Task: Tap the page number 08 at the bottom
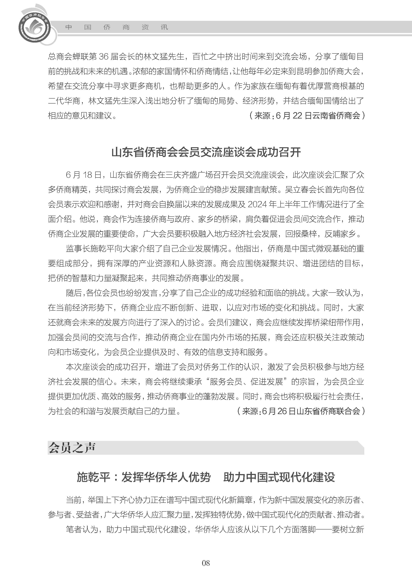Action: (206, 570)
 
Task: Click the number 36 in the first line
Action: (103, 57)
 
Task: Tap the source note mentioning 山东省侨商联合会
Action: (301, 411)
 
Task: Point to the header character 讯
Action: (164, 27)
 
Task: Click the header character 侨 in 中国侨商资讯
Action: (107, 27)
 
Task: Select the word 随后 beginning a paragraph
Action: (74, 293)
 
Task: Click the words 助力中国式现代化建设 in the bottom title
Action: (279, 477)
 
